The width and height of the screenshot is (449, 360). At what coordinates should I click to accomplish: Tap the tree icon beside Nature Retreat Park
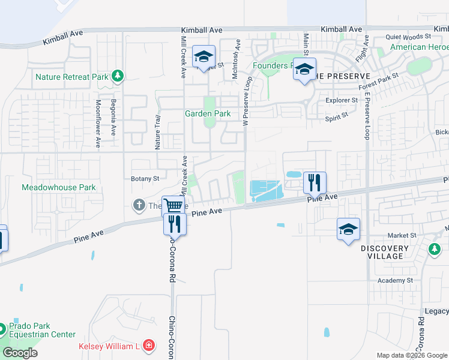click(x=119, y=76)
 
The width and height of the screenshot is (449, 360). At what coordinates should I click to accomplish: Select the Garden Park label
click(x=208, y=113)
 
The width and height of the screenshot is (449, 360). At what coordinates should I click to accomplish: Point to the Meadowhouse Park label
click(x=59, y=187)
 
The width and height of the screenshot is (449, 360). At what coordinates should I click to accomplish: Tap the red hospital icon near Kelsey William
click(x=148, y=346)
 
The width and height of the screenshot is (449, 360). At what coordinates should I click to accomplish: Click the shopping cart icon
click(x=173, y=206)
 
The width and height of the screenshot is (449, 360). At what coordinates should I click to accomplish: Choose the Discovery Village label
click(x=385, y=252)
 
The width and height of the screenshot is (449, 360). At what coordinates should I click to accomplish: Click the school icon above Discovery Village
click(x=348, y=229)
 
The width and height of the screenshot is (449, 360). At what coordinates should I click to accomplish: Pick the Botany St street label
click(x=145, y=178)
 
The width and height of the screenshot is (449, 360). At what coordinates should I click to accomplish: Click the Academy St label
click(x=395, y=280)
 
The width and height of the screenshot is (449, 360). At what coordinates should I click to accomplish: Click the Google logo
click(x=20, y=352)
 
